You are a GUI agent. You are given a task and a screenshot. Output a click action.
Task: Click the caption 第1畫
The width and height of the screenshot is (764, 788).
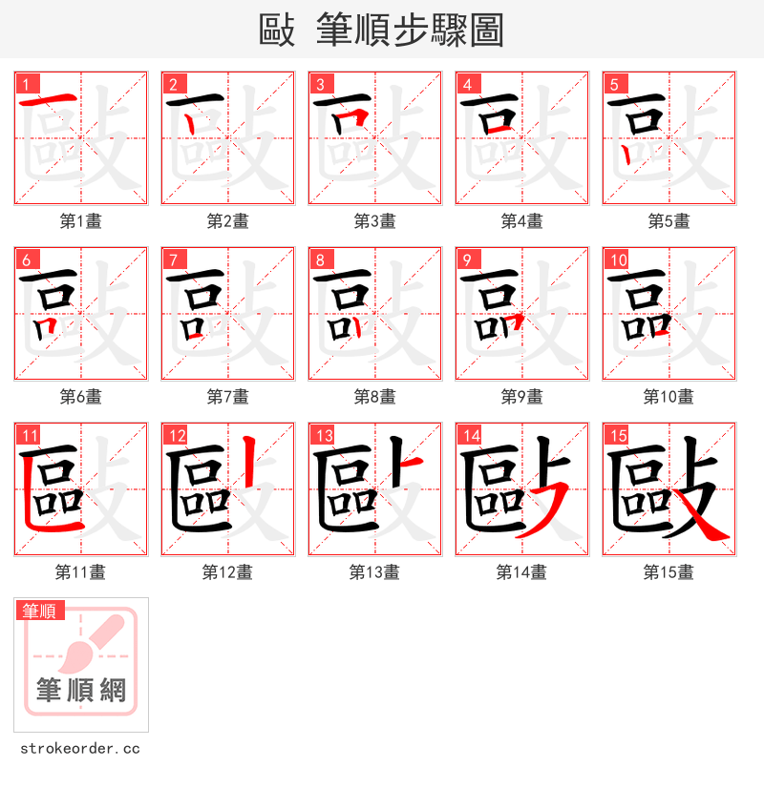click(x=81, y=221)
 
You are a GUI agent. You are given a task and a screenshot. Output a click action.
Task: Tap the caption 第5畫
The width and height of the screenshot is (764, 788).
click(x=668, y=221)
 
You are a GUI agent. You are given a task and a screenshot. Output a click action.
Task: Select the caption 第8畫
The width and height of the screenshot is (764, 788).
click(x=374, y=397)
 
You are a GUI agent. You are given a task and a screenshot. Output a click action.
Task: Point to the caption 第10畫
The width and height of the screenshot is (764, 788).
click(x=668, y=397)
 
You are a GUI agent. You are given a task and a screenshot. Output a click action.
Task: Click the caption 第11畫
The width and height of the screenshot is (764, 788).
click(x=81, y=572)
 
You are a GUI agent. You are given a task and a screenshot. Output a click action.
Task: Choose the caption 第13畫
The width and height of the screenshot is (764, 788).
click(x=374, y=572)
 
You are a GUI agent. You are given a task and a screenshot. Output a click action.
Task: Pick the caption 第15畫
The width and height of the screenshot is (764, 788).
click(x=668, y=572)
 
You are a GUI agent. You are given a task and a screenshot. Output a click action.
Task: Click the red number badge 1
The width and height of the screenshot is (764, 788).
click(x=26, y=85)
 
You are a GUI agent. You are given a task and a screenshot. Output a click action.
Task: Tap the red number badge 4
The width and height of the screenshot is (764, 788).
click(x=467, y=85)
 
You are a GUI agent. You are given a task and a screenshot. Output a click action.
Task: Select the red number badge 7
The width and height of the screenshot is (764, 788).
click(x=173, y=260)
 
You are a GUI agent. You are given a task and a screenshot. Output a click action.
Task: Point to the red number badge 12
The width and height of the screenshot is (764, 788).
click(x=175, y=436)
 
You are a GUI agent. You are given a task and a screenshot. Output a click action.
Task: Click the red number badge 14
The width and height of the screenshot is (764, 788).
click(x=469, y=436)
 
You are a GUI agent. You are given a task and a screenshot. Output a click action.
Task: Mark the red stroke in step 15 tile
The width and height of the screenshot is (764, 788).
click(x=707, y=525)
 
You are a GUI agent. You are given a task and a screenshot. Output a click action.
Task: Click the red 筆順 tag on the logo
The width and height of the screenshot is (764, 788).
click(x=40, y=611)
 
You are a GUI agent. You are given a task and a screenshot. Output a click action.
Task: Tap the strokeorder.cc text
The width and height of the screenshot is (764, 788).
click(x=80, y=749)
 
